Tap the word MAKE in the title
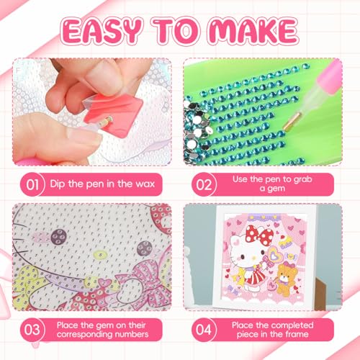[253, 32]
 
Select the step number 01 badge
[32, 185]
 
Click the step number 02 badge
[204, 185]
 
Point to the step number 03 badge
[32, 330]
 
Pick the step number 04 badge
[204, 330]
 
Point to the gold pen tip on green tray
[292, 120]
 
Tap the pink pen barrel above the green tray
[329, 77]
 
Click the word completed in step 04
[289, 325]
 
